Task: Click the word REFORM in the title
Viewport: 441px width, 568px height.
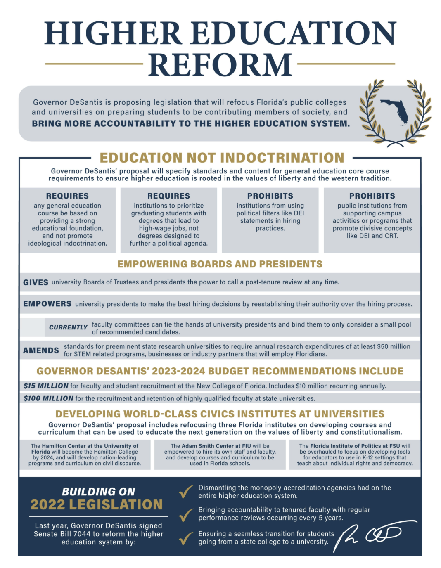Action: click(220, 65)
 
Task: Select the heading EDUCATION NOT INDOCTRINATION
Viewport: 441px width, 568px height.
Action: click(222, 158)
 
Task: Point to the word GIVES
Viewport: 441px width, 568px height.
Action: click(36, 282)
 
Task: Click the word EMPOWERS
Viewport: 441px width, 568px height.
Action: click(47, 304)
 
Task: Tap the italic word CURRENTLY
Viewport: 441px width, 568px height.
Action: click(68, 327)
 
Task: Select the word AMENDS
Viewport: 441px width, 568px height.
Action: click(41, 350)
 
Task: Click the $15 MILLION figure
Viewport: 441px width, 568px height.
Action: click(46, 386)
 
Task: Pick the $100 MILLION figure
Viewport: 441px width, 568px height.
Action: click(48, 398)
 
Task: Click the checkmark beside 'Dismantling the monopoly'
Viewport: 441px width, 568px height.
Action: click(186, 492)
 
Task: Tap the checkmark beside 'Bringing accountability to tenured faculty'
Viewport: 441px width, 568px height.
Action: click(186, 514)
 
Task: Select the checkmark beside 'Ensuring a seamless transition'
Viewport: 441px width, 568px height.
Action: click(186, 538)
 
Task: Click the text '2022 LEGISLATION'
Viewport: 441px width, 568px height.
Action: click(97, 504)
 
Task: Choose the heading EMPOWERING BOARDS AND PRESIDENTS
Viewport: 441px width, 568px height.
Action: click(220, 264)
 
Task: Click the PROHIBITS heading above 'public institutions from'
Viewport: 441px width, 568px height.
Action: click(372, 196)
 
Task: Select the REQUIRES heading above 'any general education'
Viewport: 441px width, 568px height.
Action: click(67, 196)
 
